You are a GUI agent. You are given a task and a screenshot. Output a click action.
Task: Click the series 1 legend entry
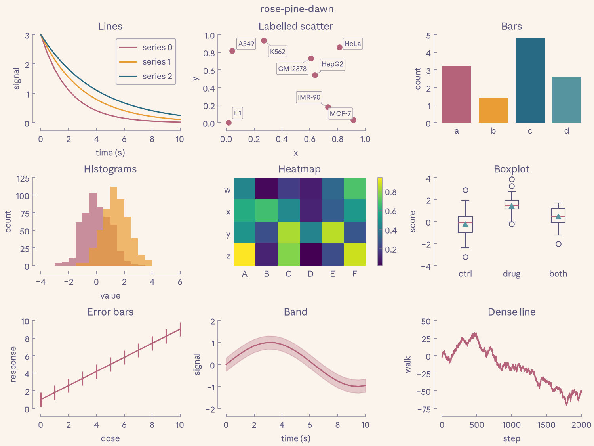(145, 62)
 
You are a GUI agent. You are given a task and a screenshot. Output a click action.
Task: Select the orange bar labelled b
(493, 110)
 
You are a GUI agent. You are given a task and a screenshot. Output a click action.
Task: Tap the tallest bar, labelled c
(530, 80)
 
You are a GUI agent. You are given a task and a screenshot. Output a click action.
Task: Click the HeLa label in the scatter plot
(352, 44)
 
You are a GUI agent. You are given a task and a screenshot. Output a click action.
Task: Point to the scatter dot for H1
(228, 123)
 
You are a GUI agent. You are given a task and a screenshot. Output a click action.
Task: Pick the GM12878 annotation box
(292, 69)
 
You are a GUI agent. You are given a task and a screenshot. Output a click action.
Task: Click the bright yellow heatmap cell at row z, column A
(245, 255)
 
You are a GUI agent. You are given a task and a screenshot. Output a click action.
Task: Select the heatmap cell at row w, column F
(354, 188)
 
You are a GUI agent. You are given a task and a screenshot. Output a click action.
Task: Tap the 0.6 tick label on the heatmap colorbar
(391, 211)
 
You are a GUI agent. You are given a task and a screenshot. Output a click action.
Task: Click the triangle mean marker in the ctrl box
(465, 224)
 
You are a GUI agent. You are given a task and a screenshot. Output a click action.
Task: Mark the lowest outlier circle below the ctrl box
(465, 257)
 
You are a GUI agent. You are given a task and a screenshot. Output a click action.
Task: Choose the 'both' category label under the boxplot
(558, 274)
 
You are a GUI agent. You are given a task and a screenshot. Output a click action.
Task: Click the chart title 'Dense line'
(512, 312)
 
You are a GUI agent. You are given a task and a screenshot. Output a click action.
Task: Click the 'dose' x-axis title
(110, 438)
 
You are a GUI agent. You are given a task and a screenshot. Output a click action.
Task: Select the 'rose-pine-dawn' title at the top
(297, 9)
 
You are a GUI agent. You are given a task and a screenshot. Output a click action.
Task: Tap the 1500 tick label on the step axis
(546, 425)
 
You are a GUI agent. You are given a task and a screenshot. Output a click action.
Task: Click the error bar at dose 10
(180, 329)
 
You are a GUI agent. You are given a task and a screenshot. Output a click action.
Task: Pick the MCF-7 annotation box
(340, 113)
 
